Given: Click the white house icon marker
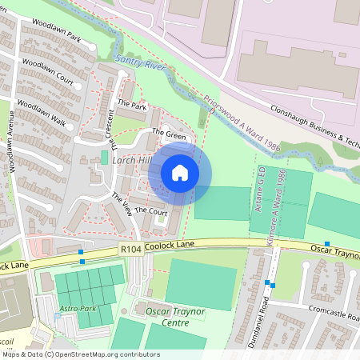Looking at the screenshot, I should point(180,173).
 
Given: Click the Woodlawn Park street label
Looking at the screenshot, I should point(52,38).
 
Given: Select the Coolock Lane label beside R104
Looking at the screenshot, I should point(160,249).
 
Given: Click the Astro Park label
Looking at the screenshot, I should point(78,309).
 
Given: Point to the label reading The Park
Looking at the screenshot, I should point(132,105).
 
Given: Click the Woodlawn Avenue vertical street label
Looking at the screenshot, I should point(12,153).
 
